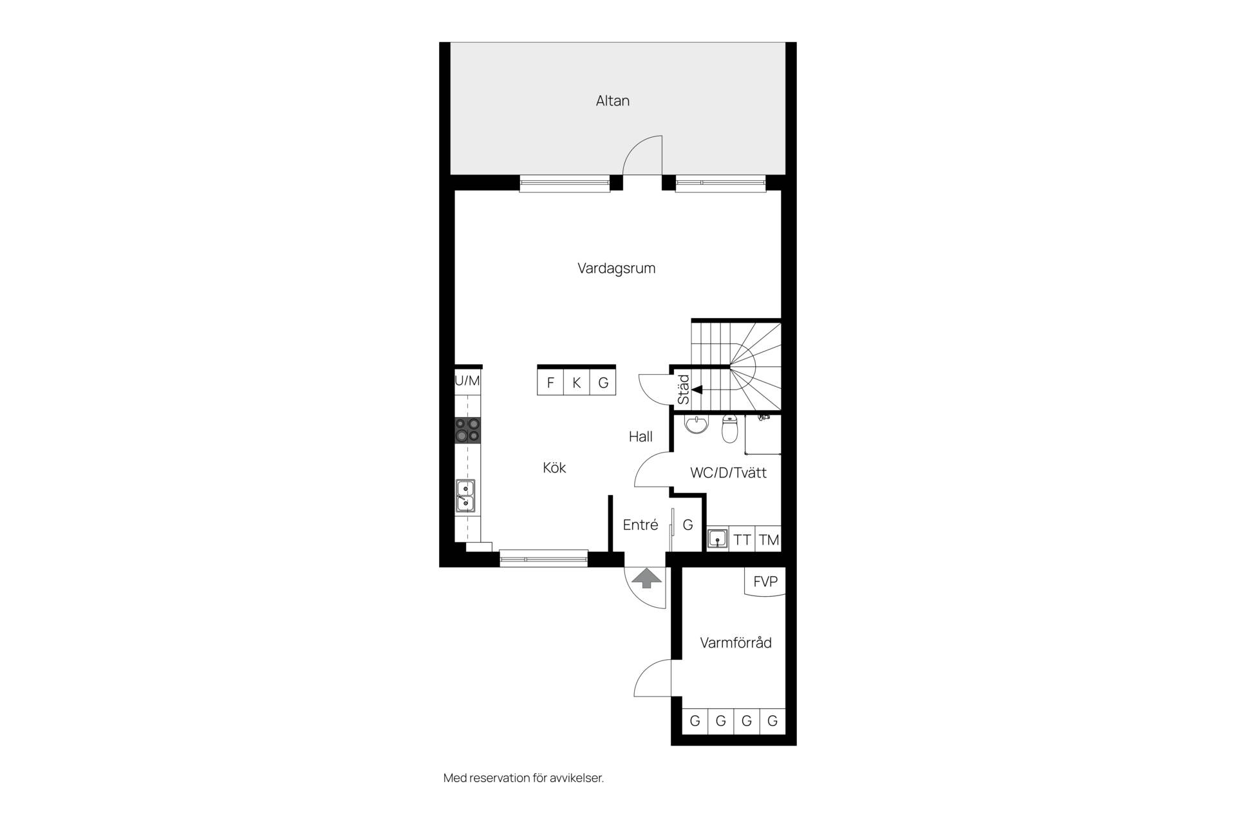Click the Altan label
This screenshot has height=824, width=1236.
click(612, 100)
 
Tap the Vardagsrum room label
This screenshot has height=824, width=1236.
click(616, 268)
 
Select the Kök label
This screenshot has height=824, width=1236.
click(554, 467)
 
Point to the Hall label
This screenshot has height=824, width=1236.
click(641, 436)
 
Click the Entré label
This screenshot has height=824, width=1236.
click(641, 525)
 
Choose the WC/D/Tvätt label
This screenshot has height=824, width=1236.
click(728, 473)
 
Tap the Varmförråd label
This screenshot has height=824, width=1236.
click(736, 642)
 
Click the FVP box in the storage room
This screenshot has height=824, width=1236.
click(765, 582)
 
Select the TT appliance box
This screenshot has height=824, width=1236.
click(742, 539)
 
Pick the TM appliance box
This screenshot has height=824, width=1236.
click(769, 539)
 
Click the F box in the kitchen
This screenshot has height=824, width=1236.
click(550, 382)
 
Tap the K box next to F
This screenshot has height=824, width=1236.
click(577, 382)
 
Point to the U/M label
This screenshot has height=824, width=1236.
click(467, 380)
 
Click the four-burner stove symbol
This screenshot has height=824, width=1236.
click(468, 430)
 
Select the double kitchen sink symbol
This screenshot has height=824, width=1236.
click(465, 496)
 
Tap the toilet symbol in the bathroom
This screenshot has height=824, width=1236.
click(729, 429)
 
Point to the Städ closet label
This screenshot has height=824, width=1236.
click(684, 389)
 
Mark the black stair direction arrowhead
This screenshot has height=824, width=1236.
click(697, 389)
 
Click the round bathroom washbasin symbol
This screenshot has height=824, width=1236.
click(696, 424)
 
